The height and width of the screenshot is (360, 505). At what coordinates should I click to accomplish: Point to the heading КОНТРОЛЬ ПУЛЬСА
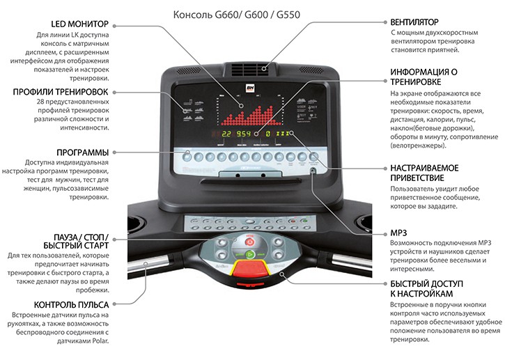tap(71, 304)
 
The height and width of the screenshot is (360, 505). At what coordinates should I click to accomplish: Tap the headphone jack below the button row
tap(313, 171)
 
